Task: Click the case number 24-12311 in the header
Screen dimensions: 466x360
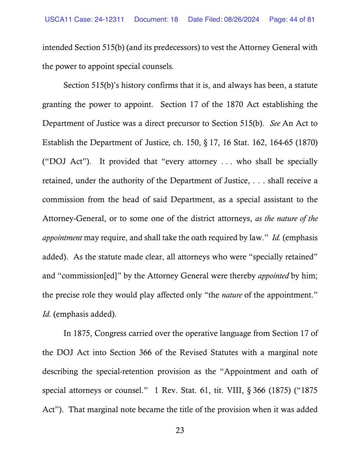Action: click(109, 19)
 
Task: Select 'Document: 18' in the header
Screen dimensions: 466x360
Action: click(156, 19)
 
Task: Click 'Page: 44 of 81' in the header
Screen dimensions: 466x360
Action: click(292, 19)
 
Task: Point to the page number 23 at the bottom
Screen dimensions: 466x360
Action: click(180, 430)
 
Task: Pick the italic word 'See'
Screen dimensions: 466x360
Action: click(275, 124)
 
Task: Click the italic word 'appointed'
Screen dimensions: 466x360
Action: click(273, 276)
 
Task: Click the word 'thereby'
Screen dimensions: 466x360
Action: click(242, 276)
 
